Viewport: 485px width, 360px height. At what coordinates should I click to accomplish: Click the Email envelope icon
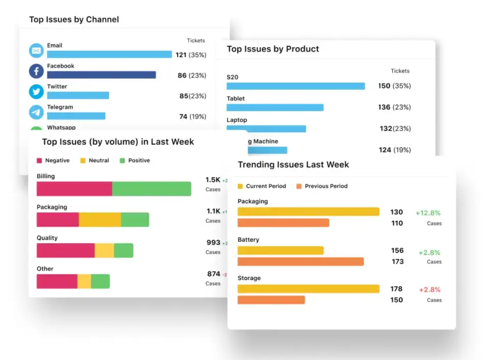[x=36, y=51]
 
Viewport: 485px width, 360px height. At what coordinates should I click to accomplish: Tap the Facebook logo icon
[x=36, y=71]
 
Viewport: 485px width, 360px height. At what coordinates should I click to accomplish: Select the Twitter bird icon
[x=36, y=92]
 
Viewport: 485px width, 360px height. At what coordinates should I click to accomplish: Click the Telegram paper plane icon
[x=36, y=112]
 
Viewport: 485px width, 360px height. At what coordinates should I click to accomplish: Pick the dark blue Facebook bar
[x=101, y=75]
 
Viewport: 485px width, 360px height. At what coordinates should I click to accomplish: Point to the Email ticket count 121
[x=181, y=55]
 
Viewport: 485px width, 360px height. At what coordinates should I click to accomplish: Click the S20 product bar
[x=296, y=86]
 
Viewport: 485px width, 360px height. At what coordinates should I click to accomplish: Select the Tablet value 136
[x=384, y=107]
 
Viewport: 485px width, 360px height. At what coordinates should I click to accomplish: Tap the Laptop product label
[x=237, y=120]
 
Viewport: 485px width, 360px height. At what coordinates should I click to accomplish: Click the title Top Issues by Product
[x=273, y=49]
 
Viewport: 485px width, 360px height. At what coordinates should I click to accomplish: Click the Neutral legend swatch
[x=83, y=160]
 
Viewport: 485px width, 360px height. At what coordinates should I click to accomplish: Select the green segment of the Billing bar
[x=152, y=189]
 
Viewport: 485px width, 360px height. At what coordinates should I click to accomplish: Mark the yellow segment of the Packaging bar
[x=100, y=220]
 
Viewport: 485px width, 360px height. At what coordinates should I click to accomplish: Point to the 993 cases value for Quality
[x=213, y=243]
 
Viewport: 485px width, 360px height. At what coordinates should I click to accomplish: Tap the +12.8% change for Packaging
[x=428, y=213]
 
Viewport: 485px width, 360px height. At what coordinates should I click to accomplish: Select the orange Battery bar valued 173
[x=301, y=261]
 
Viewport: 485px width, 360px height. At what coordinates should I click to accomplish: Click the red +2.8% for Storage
[x=430, y=290]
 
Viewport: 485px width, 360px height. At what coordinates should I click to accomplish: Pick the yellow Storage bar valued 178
[x=308, y=289]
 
